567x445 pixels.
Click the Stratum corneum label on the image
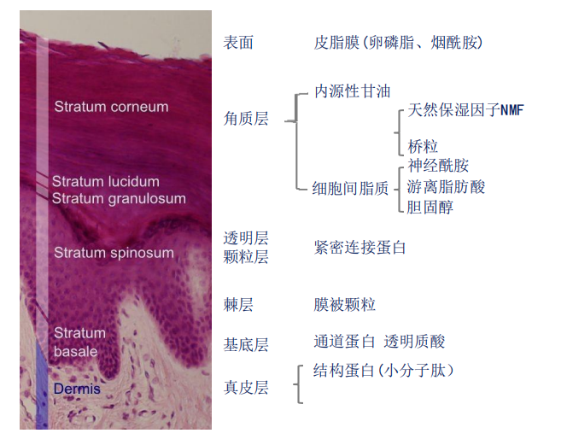pos(111,107)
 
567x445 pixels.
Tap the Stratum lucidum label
pos(105,182)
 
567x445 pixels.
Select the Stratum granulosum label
pos(119,198)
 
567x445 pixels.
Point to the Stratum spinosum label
pos(114,253)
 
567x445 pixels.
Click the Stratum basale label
pos(79,342)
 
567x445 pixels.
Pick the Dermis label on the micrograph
pos(77,389)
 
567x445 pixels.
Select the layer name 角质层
pos(246,120)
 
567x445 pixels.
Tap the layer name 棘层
pos(238,305)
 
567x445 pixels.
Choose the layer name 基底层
pos(246,345)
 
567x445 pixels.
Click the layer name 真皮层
pos(246,388)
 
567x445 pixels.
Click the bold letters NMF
pos(511,110)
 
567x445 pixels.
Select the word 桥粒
pos(423,147)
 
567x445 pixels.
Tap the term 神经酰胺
pos(438,166)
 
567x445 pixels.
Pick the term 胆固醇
pos(430,207)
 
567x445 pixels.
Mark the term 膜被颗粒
pos(345,305)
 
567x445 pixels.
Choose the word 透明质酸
pos(415,342)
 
